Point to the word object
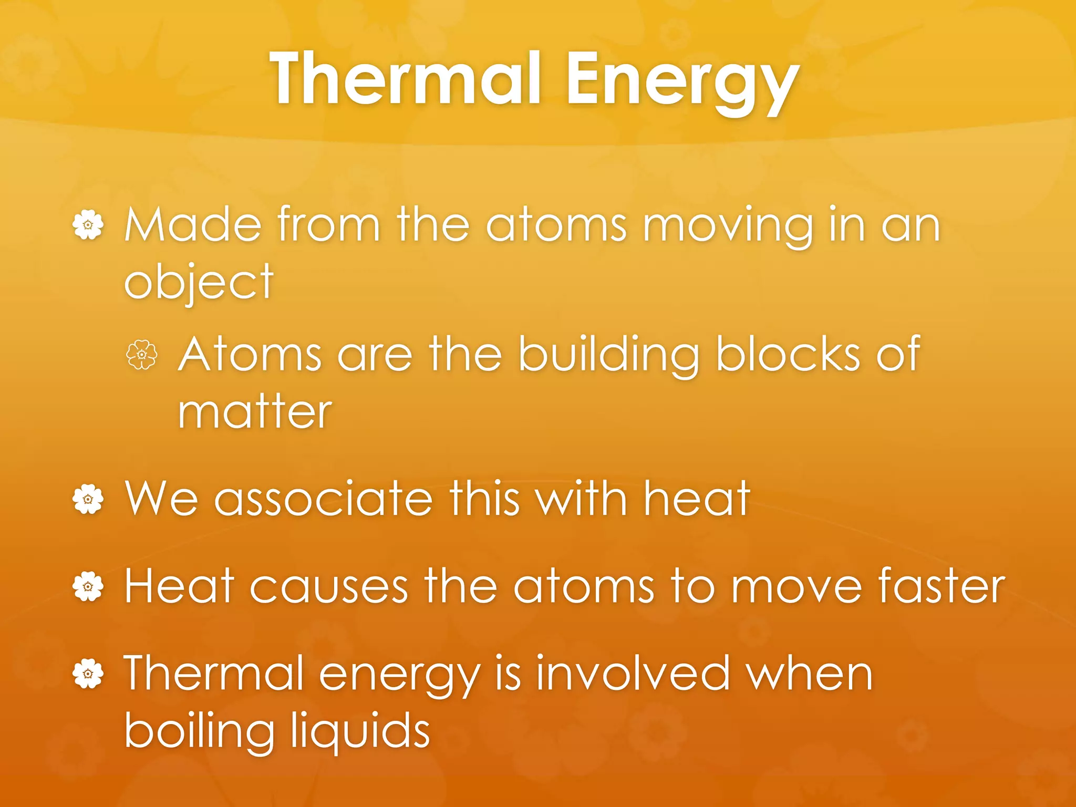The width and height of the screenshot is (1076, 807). point(199,284)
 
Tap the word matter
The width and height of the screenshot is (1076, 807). point(255,412)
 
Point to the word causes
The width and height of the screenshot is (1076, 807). point(328,586)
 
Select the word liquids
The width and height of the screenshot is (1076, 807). point(360,732)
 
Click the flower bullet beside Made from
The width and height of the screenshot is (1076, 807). point(88,225)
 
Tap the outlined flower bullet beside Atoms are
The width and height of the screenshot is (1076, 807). point(142,355)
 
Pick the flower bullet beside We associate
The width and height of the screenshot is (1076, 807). point(88,499)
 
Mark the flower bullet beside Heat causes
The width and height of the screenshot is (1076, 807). point(88,587)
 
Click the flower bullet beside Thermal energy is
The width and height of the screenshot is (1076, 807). point(88,674)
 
